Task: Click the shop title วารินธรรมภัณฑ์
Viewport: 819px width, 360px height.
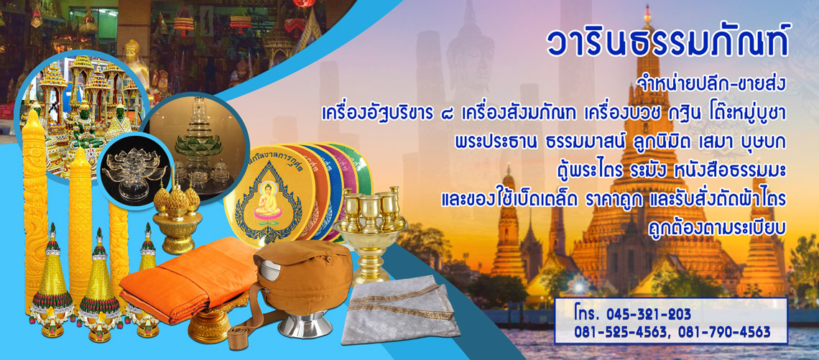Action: [x=667, y=42]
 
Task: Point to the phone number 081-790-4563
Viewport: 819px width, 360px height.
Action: [x=726, y=332]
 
